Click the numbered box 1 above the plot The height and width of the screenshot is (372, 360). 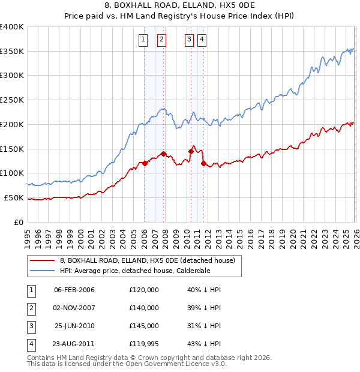144,40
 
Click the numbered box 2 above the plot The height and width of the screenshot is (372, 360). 162,40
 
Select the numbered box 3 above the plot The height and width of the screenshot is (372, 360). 189,40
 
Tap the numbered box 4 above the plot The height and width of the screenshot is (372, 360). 202,40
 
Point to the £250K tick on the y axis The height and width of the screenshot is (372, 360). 12,100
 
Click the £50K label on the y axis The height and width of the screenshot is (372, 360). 14,197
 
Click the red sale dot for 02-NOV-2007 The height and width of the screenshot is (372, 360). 163,154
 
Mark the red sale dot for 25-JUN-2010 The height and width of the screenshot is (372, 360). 191,151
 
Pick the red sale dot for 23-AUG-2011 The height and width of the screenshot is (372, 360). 203,163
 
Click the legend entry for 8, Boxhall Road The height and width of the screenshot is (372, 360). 150,260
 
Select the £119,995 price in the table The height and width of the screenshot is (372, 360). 144,344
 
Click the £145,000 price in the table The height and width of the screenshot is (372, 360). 144,326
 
